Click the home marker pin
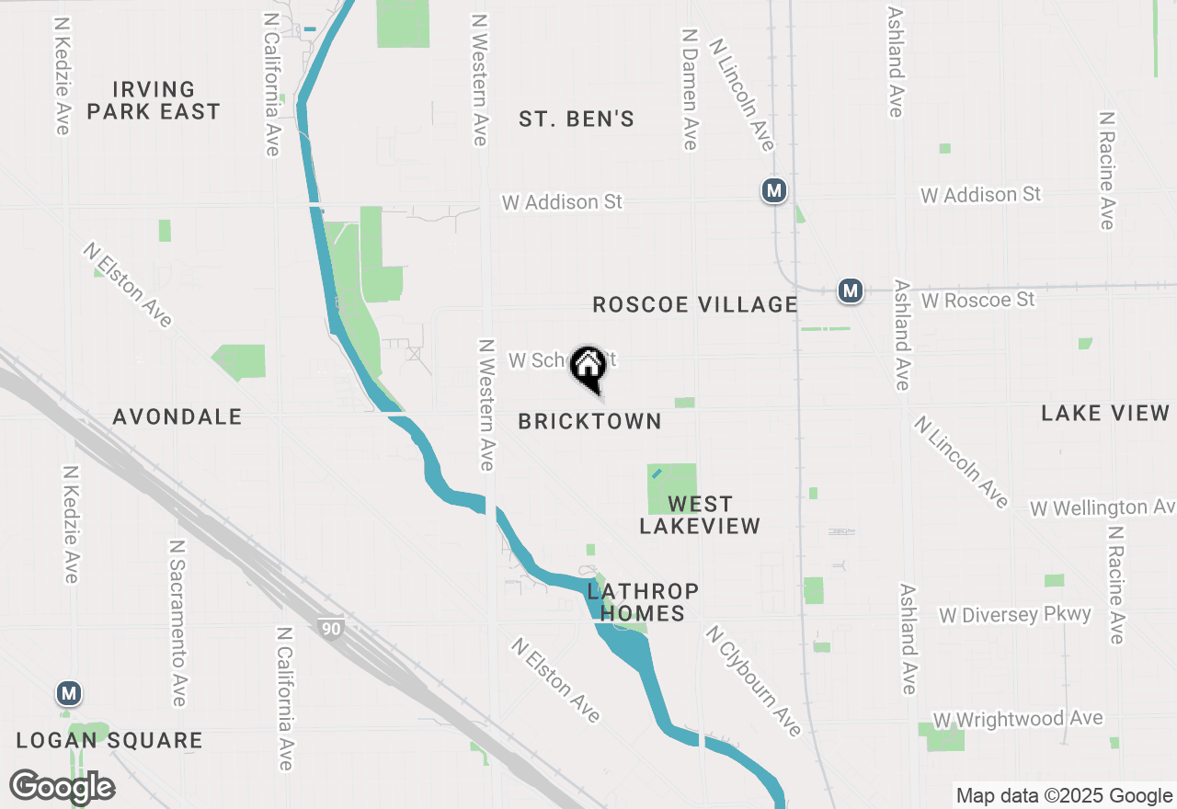tap(588, 368)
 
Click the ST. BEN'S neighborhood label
tap(577, 119)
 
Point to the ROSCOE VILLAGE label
tap(695, 304)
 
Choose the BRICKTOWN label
tap(589, 421)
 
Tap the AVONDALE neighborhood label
tap(177, 416)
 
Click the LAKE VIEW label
tap(1105, 413)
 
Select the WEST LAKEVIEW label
tap(700, 515)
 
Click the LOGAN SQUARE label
tap(109, 740)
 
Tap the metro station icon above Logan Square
tap(67, 692)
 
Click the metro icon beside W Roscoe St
tap(851, 291)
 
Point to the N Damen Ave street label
tap(690, 88)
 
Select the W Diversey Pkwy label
tap(1015, 614)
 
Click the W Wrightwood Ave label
tap(1018, 719)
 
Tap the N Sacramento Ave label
tap(177, 622)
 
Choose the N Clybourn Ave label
tap(753, 680)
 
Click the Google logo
tap(63, 787)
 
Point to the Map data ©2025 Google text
tap(1064, 796)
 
